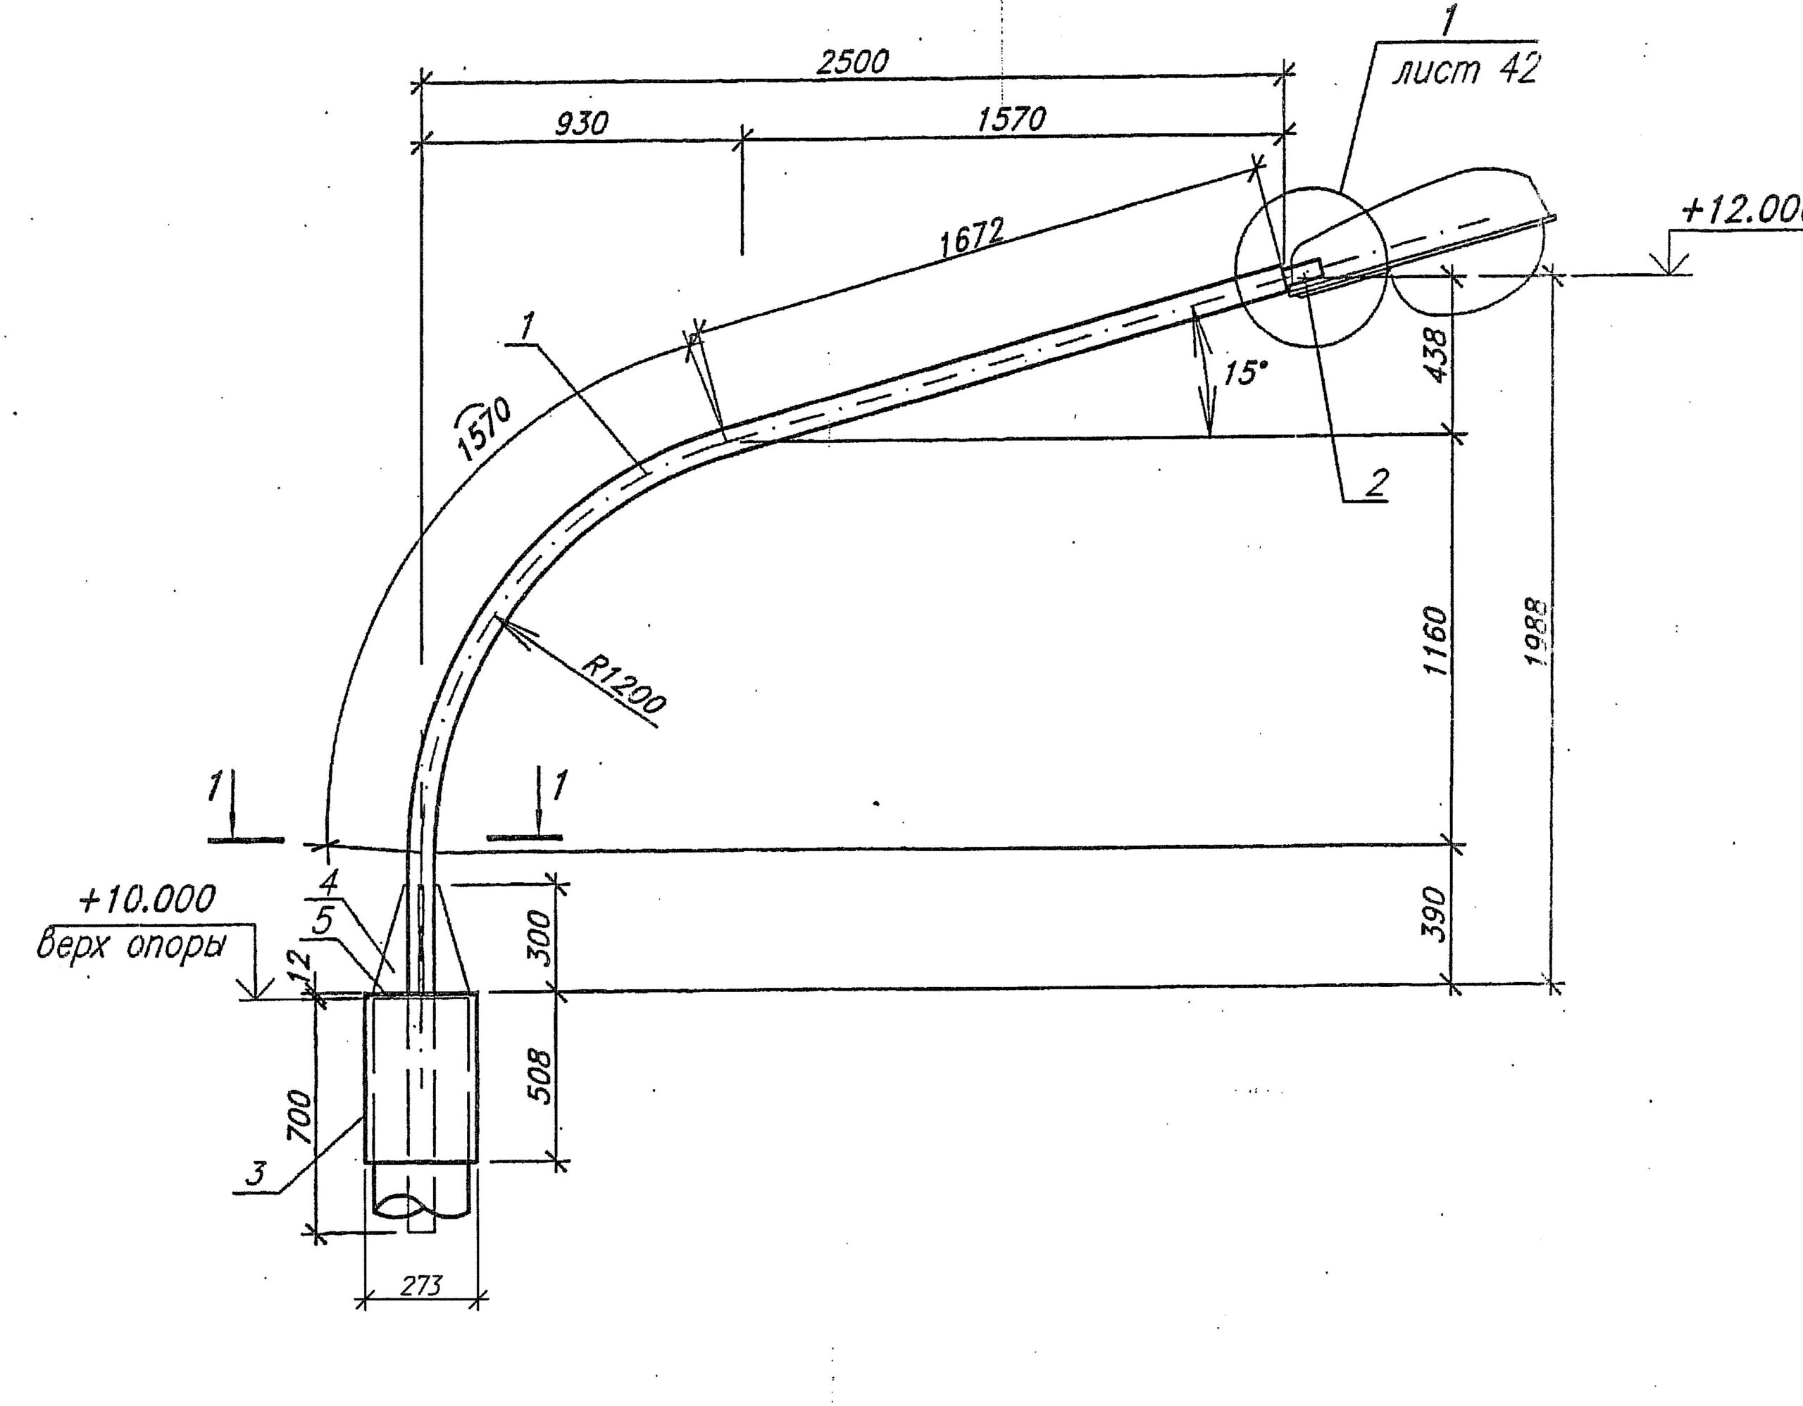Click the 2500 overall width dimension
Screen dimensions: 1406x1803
pos(852,63)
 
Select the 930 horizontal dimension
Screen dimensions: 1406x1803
pos(581,124)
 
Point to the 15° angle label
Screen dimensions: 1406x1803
pos(1244,373)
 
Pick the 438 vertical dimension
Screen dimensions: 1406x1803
pos(1437,355)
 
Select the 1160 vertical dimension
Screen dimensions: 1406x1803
pos(1437,641)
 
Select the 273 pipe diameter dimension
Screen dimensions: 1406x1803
pos(420,1285)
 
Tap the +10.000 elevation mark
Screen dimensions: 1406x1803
pos(147,899)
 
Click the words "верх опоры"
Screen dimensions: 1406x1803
pos(130,947)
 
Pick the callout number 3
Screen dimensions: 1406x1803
pos(258,1174)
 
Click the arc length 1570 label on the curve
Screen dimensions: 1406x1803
pos(485,427)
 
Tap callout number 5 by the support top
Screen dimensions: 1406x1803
pos(325,922)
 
